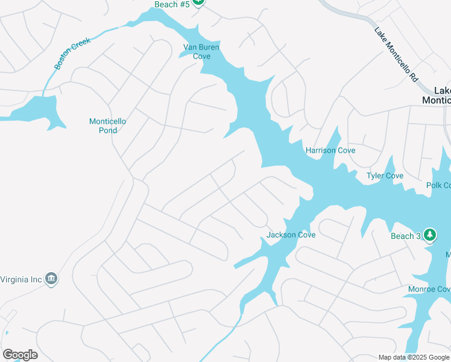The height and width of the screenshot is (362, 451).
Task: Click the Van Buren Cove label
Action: pyautogui.click(x=201, y=51)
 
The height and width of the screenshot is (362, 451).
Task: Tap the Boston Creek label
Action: pyautogui.click(x=72, y=53)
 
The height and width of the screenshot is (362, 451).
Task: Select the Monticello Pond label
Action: pyautogui.click(x=107, y=125)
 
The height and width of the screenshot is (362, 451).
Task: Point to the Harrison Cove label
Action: pyautogui.click(x=330, y=150)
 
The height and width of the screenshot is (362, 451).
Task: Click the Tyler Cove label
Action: pyautogui.click(x=385, y=176)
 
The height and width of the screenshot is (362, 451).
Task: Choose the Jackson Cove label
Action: pyautogui.click(x=291, y=235)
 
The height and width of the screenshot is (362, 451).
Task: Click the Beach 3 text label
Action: pyautogui.click(x=405, y=236)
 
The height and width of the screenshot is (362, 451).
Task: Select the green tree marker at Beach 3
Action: pyautogui.click(x=429, y=234)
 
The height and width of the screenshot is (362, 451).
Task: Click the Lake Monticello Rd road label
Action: pyautogui.click(x=396, y=54)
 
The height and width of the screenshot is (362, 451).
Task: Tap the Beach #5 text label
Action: pyautogui.click(x=171, y=4)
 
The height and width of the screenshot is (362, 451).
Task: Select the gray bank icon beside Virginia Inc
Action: pyautogui.click(x=51, y=278)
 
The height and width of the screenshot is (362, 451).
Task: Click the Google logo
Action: pyautogui.click(x=20, y=355)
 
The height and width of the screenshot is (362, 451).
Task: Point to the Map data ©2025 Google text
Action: pyautogui.click(x=413, y=357)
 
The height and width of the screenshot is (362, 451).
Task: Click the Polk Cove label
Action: pyautogui.click(x=438, y=185)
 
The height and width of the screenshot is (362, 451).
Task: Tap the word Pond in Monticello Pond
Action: pyautogui.click(x=108, y=130)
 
